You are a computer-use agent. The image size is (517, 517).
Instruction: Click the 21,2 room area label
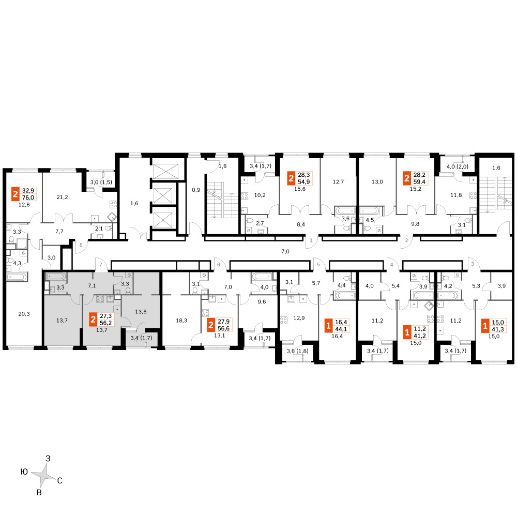click(62, 197)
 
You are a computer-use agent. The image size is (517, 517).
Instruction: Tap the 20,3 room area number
click(24, 314)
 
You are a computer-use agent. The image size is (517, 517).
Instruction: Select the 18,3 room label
click(181, 320)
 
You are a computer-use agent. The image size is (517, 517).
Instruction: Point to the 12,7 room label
click(338, 181)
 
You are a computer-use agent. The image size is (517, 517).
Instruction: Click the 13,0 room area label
click(377, 181)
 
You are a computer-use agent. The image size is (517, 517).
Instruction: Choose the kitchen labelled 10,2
click(260, 195)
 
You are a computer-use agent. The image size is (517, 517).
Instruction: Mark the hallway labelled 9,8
click(415, 224)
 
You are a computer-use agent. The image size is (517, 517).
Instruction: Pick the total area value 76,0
click(28, 197)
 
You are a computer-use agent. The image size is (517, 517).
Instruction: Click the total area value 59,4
click(419, 181)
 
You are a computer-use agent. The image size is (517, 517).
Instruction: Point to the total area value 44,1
click(341, 329)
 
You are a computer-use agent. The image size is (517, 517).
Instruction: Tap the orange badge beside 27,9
click(211, 325)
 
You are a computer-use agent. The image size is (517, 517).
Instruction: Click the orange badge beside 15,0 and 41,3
click(485, 326)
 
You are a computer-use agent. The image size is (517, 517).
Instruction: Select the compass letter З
click(48, 458)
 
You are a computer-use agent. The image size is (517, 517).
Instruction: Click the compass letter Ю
click(24, 472)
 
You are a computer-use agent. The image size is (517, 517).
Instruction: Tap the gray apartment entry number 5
click(318, 264)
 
